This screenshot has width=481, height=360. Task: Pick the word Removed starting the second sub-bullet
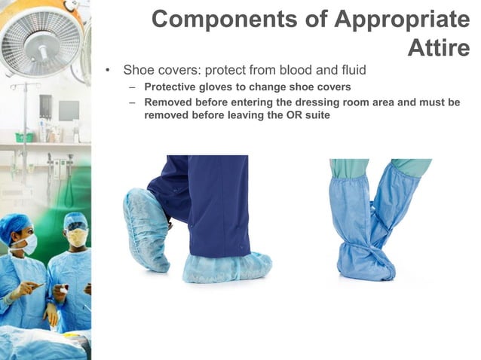coord(169,102)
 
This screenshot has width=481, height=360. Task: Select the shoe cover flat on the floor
coord(226,267)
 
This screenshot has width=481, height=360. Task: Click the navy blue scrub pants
coord(207,203)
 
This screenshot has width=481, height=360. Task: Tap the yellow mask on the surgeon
coord(76,238)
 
